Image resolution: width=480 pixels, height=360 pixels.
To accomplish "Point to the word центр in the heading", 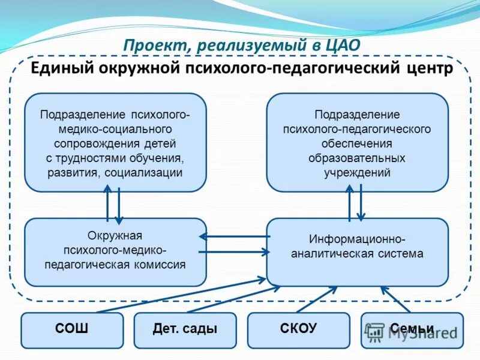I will (x=428, y=67).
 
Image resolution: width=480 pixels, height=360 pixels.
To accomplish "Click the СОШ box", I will (x=72, y=329).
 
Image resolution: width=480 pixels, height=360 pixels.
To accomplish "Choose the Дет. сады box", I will (x=185, y=329).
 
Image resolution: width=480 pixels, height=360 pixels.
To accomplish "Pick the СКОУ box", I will (x=298, y=329).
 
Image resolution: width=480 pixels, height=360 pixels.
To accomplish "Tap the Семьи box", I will (x=412, y=329).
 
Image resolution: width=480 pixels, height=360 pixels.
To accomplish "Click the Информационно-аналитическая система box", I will (x=357, y=251).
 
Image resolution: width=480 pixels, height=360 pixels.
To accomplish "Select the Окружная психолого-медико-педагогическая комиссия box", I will (x=115, y=251).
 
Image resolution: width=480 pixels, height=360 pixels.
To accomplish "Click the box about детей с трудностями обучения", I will (x=115, y=143).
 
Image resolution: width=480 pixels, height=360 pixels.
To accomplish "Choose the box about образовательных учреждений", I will (x=357, y=143).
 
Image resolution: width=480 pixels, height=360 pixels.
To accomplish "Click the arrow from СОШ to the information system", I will (x=180, y=295).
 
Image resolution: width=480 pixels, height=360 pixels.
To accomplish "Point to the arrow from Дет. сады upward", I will (x=234, y=299).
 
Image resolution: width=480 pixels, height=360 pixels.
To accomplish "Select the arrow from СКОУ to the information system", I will (x=317, y=299).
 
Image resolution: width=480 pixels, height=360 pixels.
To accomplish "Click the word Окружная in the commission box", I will (x=115, y=235).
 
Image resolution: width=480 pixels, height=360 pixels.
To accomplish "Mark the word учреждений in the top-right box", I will (x=357, y=173).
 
